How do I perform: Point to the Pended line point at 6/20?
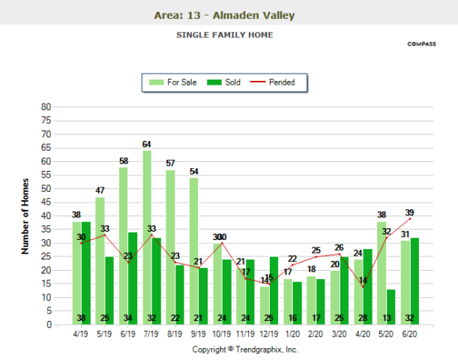point(410,219)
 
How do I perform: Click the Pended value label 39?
point(410,212)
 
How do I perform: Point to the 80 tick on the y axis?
point(46,107)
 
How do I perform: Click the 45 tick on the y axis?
point(46,202)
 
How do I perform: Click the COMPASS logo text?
point(421,44)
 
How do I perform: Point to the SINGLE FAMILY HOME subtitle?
point(224,35)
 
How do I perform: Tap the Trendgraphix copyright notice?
point(245,349)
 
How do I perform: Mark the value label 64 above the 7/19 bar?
point(148,144)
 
